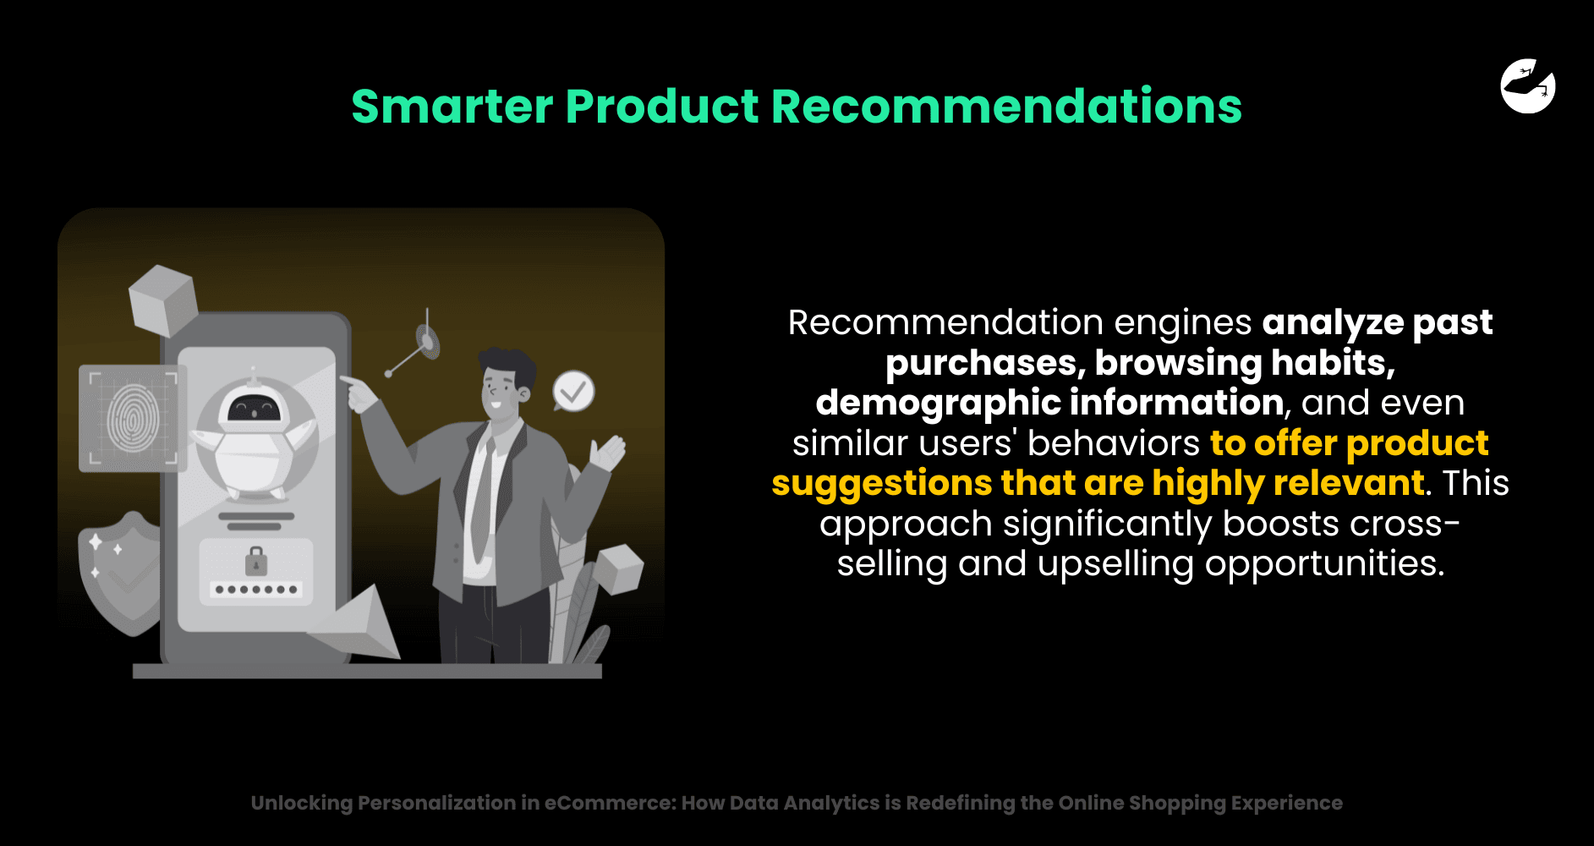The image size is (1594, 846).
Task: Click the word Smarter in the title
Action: [x=452, y=107]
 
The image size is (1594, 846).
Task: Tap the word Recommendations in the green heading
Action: [x=1006, y=107]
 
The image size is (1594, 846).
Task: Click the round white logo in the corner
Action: [x=1528, y=85]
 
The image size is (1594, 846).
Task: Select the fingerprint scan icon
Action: [x=133, y=418]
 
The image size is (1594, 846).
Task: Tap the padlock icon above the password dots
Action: [x=255, y=561]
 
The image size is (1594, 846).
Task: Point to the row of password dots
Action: [x=256, y=590]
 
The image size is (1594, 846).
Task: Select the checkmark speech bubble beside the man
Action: [x=573, y=391]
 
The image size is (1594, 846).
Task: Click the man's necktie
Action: [x=483, y=499]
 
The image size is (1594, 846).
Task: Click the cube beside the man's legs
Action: [x=618, y=569]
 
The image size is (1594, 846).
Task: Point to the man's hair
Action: [x=507, y=366]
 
